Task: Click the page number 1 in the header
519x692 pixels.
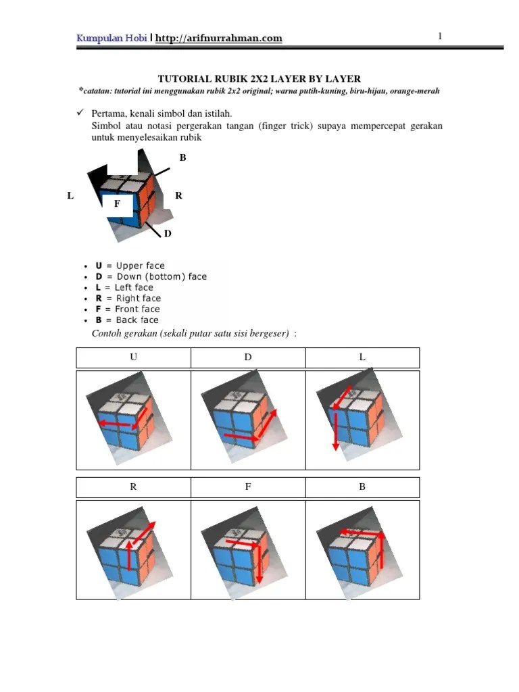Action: coord(439,36)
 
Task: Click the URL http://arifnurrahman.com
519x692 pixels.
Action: coord(218,39)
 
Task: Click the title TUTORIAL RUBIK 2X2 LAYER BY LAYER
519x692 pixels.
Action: coord(259,79)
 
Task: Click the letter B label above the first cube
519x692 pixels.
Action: coord(182,157)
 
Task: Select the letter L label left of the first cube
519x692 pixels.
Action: coord(70,195)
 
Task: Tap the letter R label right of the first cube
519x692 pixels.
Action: coord(178,195)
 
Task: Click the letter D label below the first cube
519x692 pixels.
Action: coord(168,234)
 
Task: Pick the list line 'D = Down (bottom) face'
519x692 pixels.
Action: coord(151,276)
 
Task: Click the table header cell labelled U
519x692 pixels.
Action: coord(133,357)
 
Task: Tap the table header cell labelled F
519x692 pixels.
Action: coord(248,487)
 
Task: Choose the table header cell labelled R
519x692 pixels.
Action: coord(133,487)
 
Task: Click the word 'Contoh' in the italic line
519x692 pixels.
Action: coord(107,333)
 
